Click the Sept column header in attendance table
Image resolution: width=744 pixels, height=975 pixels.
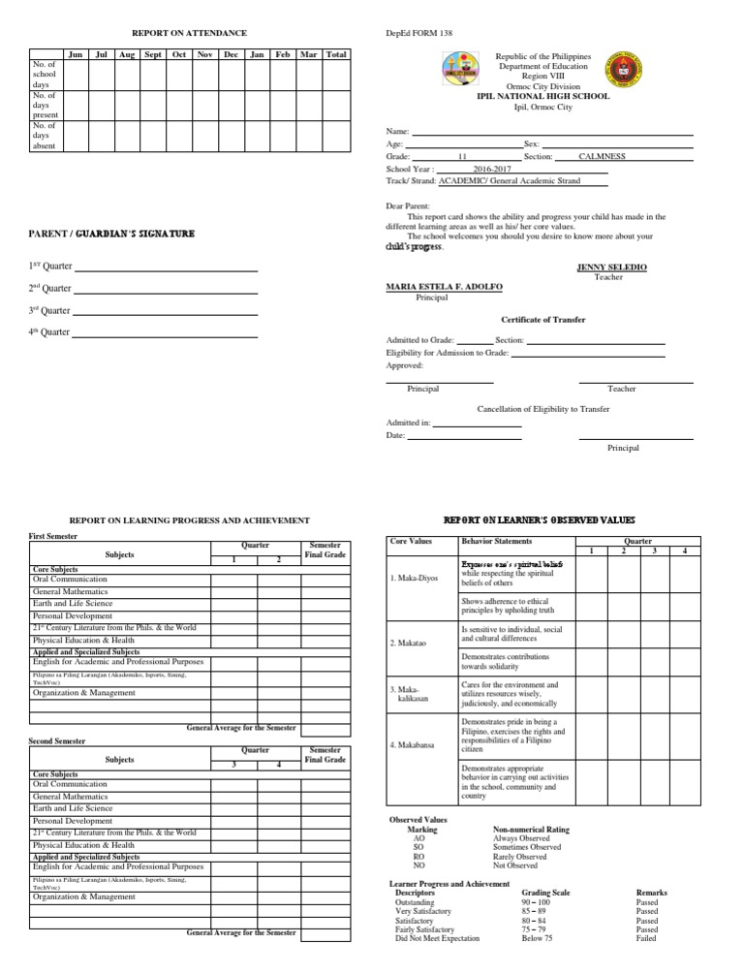[152, 54]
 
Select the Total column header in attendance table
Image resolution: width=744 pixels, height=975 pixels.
[336, 54]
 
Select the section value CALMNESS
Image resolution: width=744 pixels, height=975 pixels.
[608, 155]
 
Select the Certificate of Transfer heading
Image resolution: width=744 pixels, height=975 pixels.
[542, 319]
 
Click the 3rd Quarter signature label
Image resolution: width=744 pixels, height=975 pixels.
[49, 310]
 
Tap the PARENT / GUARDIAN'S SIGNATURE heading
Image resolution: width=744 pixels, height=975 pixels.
[113, 234]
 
